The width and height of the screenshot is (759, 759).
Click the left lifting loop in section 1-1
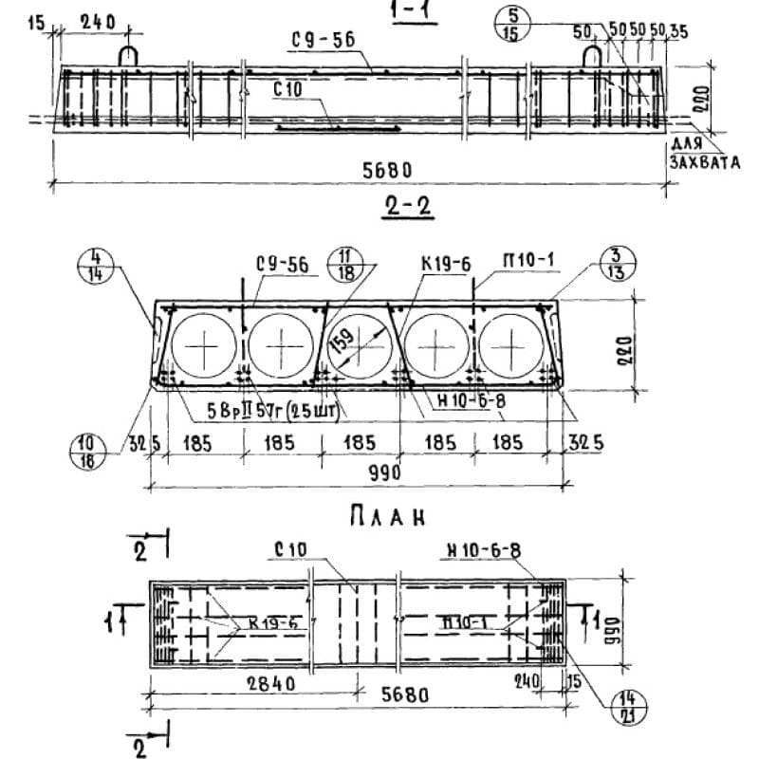129,55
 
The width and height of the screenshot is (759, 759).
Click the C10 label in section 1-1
287,89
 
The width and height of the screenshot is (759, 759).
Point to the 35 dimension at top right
677,32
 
